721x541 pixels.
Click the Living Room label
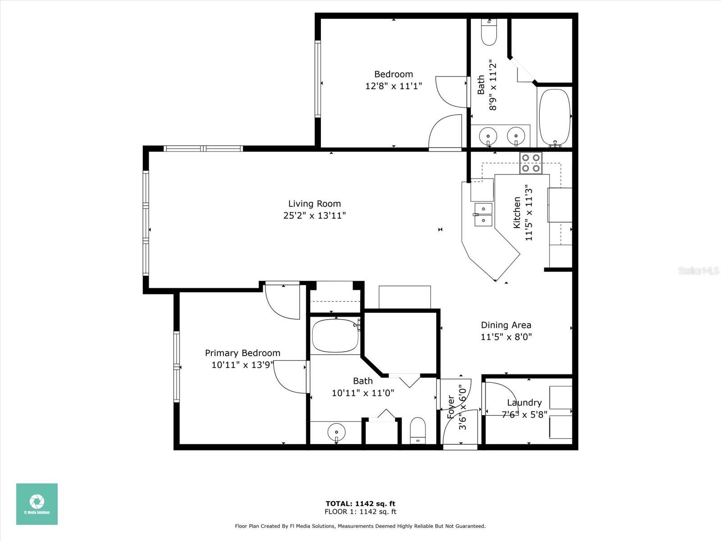click(x=315, y=204)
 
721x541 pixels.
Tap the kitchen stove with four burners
click(x=531, y=163)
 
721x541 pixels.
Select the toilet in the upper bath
click(x=489, y=32)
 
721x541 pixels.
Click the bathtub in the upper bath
click(x=555, y=118)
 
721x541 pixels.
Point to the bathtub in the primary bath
click(x=335, y=336)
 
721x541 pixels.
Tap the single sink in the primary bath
click(x=336, y=432)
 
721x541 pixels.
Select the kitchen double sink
click(x=484, y=215)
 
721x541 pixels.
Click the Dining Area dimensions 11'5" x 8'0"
click(x=506, y=337)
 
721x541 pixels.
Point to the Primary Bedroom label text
click(x=243, y=353)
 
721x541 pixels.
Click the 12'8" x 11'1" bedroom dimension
click(x=393, y=86)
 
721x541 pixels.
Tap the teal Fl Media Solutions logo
click(x=37, y=504)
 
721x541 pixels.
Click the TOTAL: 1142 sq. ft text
click(x=360, y=504)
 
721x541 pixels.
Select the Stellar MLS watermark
click(x=698, y=270)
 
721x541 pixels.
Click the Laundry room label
click(x=524, y=403)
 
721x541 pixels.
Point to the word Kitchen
click(x=517, y=212)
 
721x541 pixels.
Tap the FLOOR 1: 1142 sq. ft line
click(x=360, y=512)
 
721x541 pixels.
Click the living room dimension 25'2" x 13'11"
click(x=315, y=215)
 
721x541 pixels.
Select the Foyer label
click(x=451, y=407)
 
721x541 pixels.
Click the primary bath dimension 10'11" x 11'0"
click(x=363, y=393)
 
